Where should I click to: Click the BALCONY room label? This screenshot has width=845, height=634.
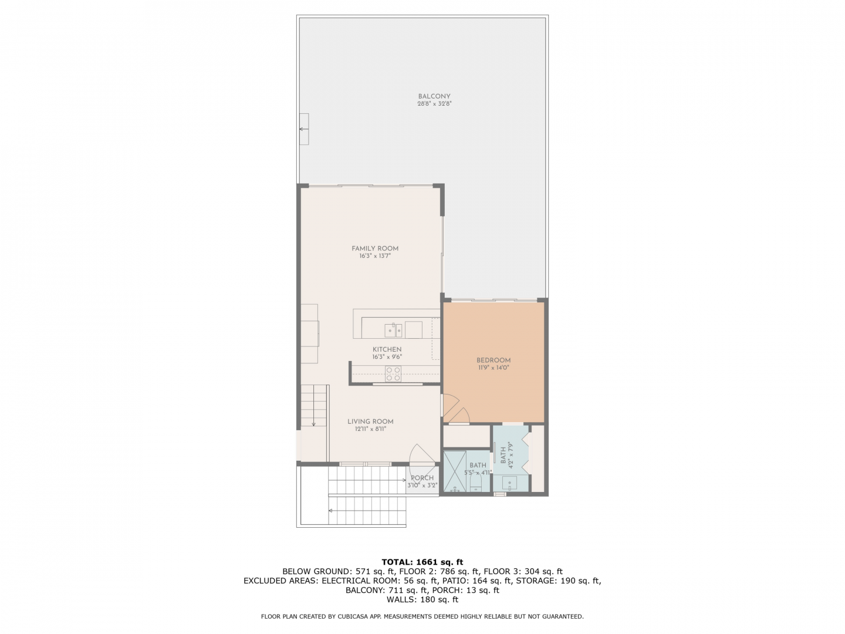[431, 96]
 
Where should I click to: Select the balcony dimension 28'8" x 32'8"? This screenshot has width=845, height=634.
[431, 103]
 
